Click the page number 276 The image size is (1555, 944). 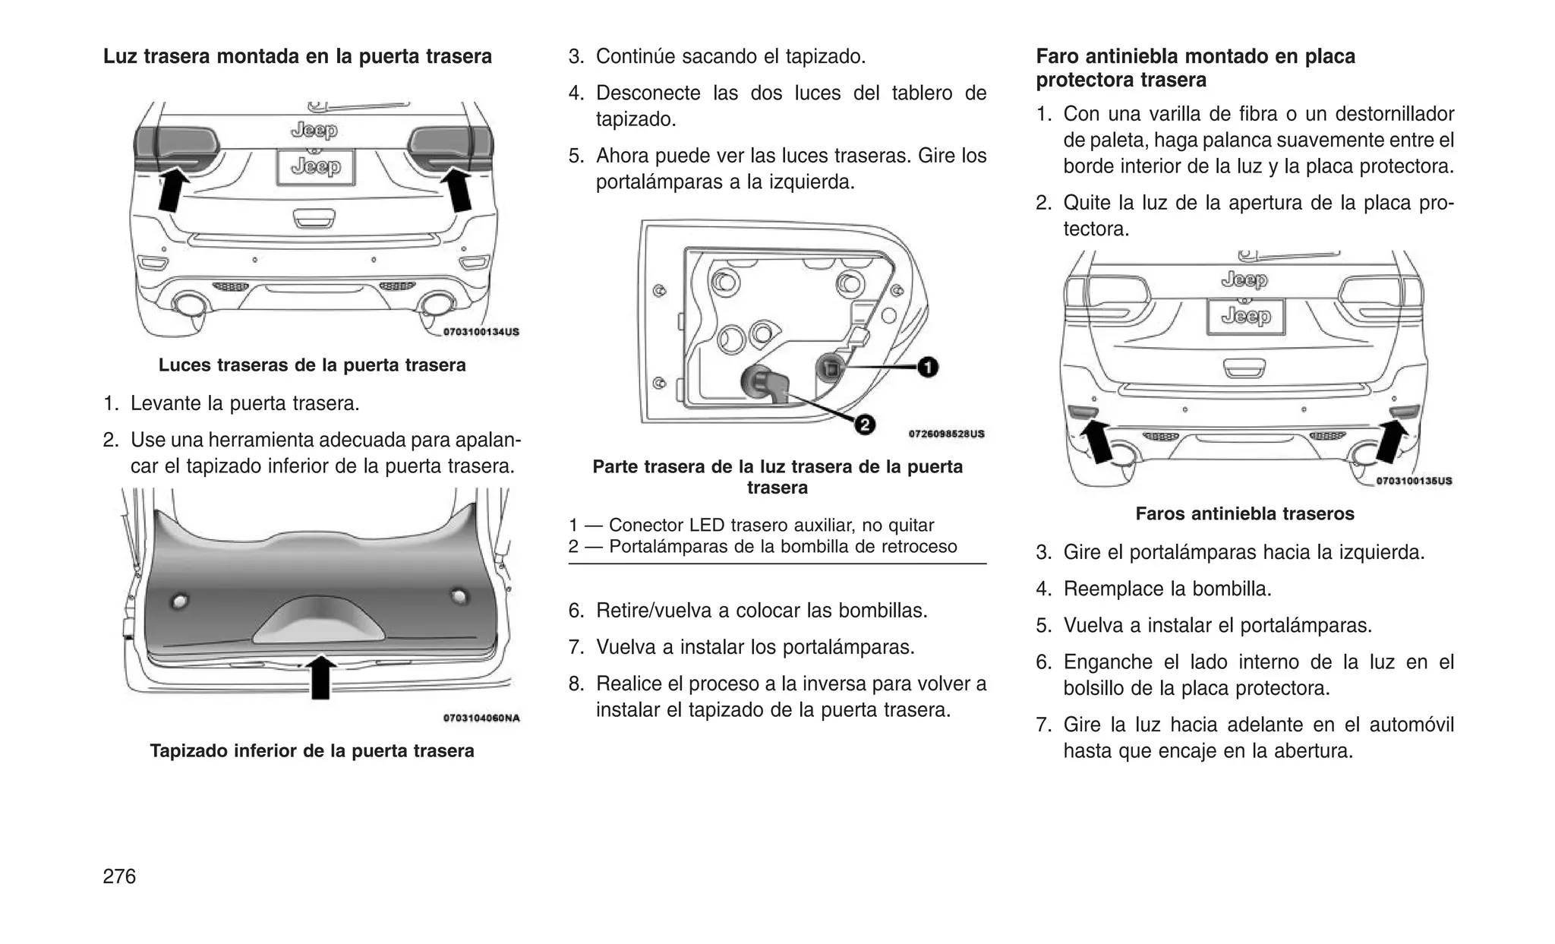point(119,876)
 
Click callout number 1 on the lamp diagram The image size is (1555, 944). point(928,368)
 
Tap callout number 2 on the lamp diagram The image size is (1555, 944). point(864,425)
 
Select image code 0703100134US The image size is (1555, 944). point(481,332)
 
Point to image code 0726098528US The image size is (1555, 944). point(946,434)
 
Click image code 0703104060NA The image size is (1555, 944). point(481,718)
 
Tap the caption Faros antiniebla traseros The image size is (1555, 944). point(1244,514)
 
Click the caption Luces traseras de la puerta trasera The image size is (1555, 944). point(312,365)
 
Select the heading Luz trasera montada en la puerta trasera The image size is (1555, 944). point(298,57)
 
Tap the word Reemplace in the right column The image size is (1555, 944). point(1114,589)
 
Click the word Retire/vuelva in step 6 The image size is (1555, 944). point(652,611)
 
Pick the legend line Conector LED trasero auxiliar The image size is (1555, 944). point(752,526)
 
